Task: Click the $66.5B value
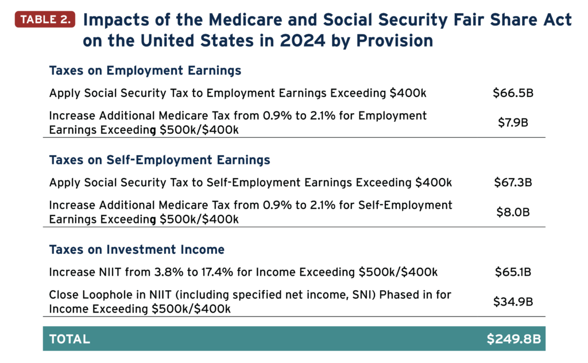[x=513, y=93]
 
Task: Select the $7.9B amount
[x=513, y=122]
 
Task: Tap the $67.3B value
[x=513, y=183]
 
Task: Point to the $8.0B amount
[x=513, y=211]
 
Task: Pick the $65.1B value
[x=513, y=272]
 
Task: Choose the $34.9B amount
[x=513, y=301]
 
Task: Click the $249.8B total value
[x=514, y=339]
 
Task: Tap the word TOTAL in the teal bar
[x=70, y=339]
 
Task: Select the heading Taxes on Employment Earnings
[x=145, y=71]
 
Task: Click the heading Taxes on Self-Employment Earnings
[x=160, y=160]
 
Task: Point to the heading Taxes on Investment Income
[x=137, y=250]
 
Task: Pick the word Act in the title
[x=559, y=20]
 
